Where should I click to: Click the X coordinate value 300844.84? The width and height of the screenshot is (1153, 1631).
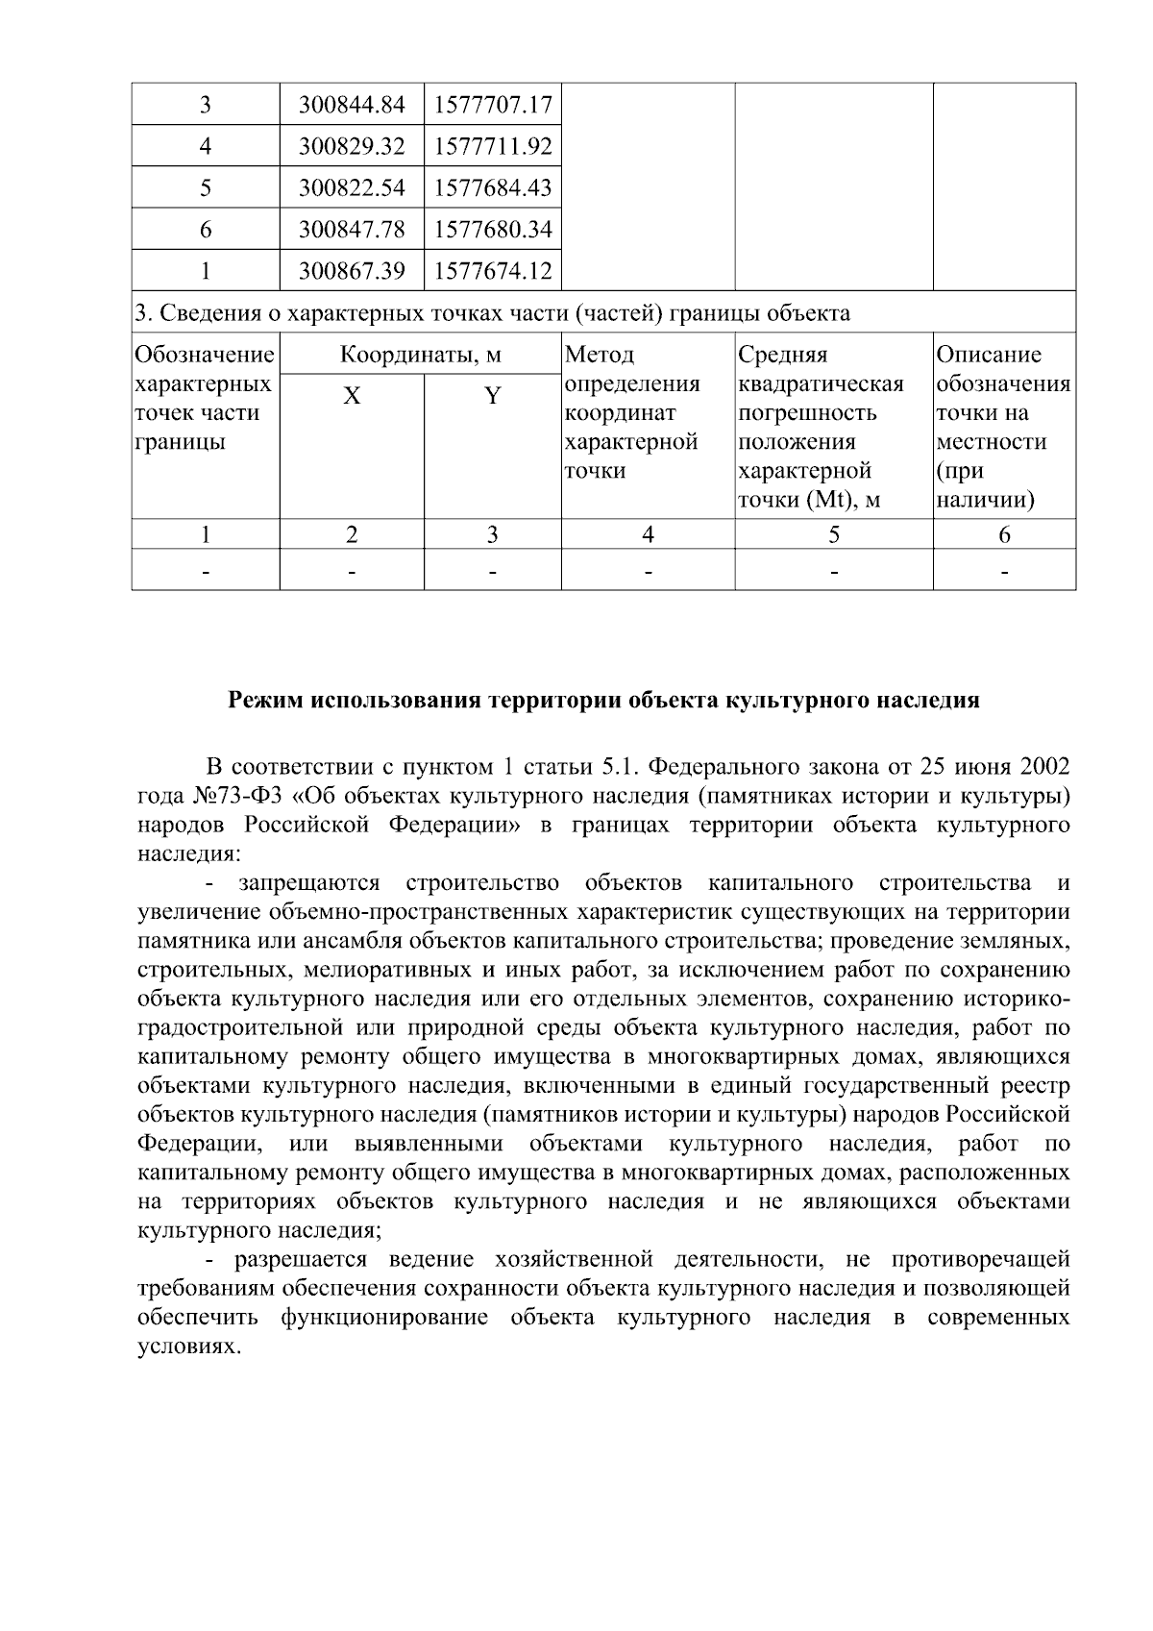click(352, 105)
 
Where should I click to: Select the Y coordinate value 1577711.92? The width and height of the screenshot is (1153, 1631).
click(493, 146)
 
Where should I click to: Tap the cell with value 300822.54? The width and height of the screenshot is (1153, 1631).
click(352, 187)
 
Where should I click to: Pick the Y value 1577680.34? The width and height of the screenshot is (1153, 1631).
click(493, 230)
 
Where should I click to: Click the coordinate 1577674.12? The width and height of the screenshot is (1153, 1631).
click(493, 271)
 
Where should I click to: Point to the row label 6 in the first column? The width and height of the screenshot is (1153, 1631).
click(206, 230)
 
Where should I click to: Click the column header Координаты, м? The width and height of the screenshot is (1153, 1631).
click(421, 355)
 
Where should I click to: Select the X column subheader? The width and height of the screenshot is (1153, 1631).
click(353, 396)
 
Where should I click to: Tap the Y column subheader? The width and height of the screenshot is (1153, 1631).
click(492, 396)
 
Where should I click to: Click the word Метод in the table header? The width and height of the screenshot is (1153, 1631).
click(600, 355)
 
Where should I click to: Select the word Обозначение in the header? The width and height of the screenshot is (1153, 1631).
click(205, 355)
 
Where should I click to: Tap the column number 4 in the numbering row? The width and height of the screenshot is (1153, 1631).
click(649, 534)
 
